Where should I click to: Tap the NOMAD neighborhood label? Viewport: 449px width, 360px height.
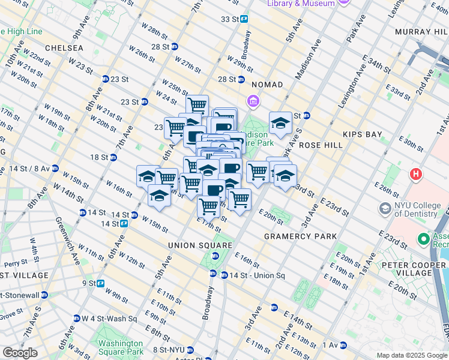[x=267, y=85]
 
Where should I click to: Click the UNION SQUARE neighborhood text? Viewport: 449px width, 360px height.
[x=200, y=245]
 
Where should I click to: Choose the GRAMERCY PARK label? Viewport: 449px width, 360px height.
[x=301, y=236]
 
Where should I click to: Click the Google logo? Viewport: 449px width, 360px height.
[x=20, y=353]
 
